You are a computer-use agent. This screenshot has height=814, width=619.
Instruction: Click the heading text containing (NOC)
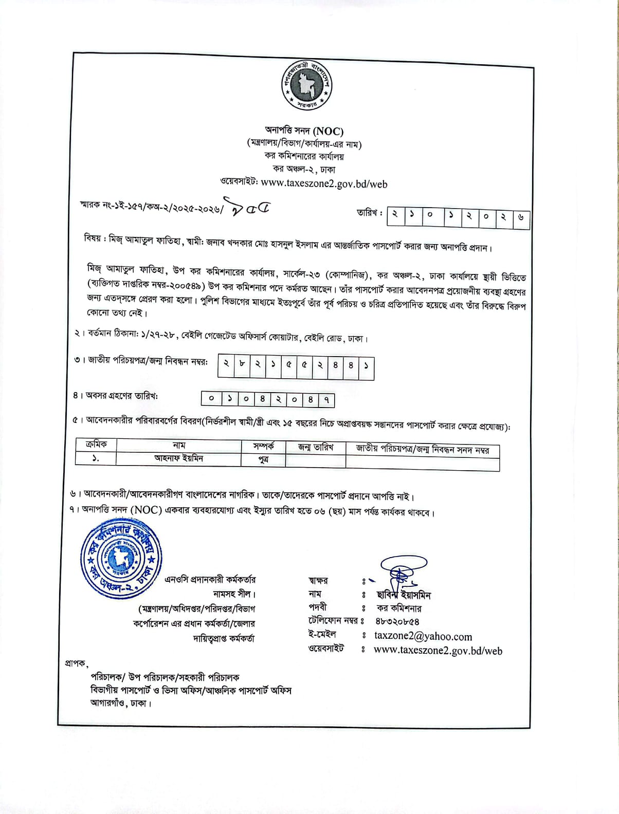304,131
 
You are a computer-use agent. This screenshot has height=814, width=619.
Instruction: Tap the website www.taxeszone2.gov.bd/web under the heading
324,183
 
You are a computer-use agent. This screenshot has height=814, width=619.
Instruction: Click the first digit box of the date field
394,215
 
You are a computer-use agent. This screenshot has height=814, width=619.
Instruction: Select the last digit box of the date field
521,217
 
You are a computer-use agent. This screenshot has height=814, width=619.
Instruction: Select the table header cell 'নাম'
179,446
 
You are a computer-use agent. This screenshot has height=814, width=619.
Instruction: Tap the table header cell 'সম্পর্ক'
263,446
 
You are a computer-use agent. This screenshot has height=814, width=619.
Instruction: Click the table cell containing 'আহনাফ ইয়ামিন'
179,458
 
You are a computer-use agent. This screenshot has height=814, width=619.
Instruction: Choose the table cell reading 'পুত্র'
263,459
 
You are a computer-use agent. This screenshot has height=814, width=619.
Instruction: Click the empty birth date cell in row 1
316,460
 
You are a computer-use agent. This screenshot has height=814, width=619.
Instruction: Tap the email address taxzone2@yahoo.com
423,636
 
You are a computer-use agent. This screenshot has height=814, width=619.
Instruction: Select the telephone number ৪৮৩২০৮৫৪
397,621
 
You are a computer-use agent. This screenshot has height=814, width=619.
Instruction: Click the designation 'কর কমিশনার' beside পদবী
399,608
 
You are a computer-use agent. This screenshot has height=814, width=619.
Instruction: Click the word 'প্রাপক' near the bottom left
76,663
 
